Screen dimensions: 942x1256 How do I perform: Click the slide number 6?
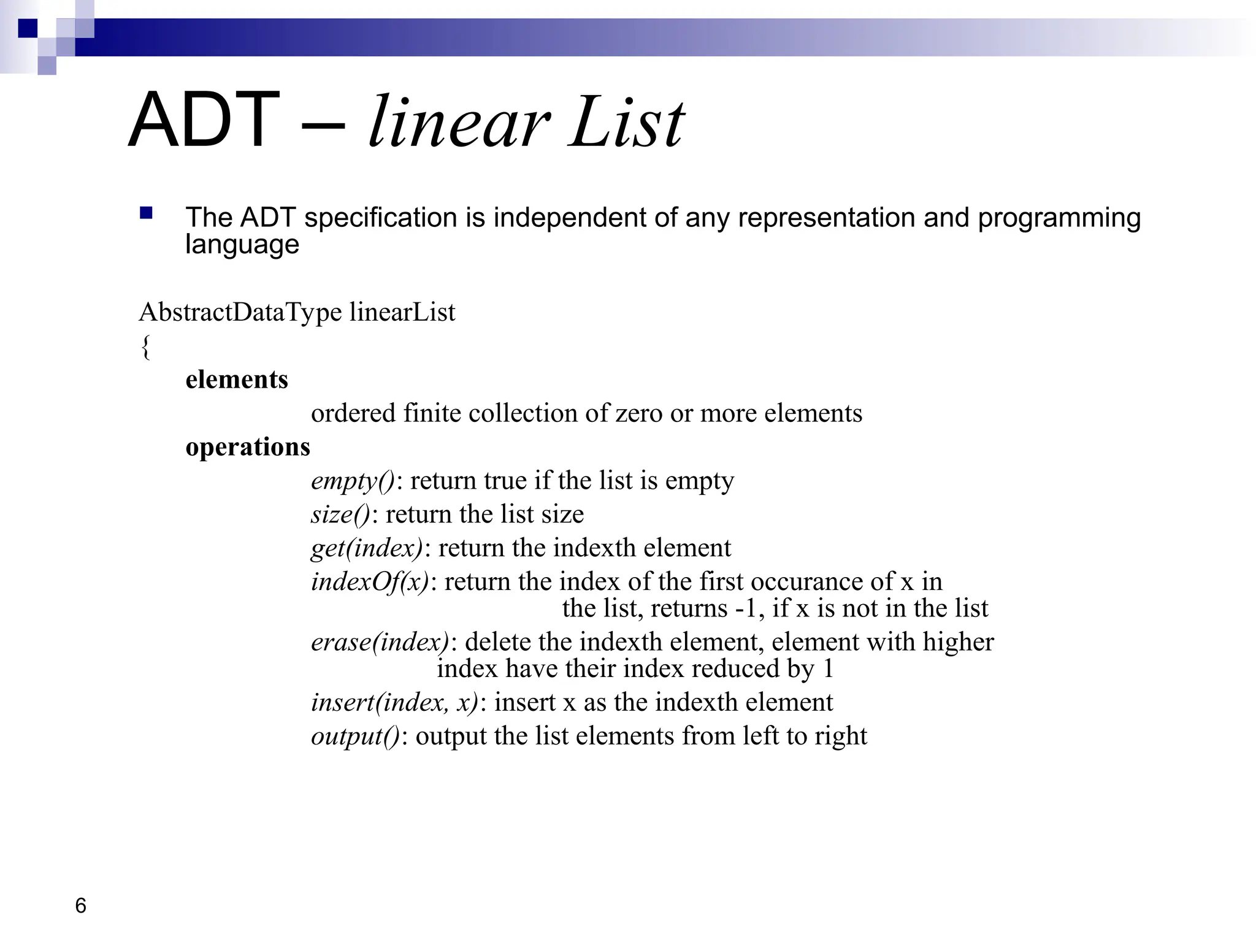coord(80,905)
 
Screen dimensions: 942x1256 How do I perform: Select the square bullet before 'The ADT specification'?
coord(146,213)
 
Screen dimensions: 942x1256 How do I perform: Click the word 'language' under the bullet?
coord(242,245)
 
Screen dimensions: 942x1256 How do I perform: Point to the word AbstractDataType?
coord(240,312)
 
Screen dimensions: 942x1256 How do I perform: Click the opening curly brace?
coord(145,347)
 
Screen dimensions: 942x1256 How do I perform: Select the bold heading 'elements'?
coord(237,380)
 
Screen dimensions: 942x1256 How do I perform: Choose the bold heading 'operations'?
coord(248,447)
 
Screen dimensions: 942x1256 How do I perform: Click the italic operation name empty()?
coord(353,481)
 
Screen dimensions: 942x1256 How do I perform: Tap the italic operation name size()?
coord(340,515)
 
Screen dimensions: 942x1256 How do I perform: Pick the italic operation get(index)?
coord(367,548)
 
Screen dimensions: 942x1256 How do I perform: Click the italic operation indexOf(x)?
coord(370,581)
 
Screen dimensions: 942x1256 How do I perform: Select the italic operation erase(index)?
coord(380,642)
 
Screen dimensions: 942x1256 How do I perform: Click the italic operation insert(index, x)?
coord(394,702)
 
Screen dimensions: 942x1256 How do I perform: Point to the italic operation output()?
coord(355,736)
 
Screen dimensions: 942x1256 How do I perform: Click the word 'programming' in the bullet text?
coord(1059,218)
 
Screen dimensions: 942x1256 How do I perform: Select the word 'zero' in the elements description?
coord(638,413)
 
